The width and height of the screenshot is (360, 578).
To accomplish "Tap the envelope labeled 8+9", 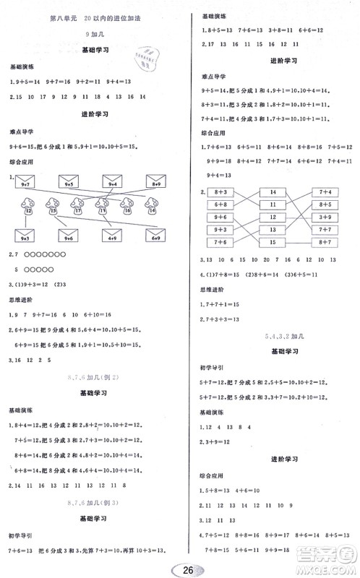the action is [156, 183].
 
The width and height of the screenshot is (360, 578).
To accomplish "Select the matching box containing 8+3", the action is [220, 192].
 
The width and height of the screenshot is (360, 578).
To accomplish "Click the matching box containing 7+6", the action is [220, 241].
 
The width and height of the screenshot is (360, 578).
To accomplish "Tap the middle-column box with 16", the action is [273, 217].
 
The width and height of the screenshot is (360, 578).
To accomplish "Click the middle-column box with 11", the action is [273, 204].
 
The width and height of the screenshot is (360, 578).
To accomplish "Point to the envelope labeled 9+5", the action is [70, 183].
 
